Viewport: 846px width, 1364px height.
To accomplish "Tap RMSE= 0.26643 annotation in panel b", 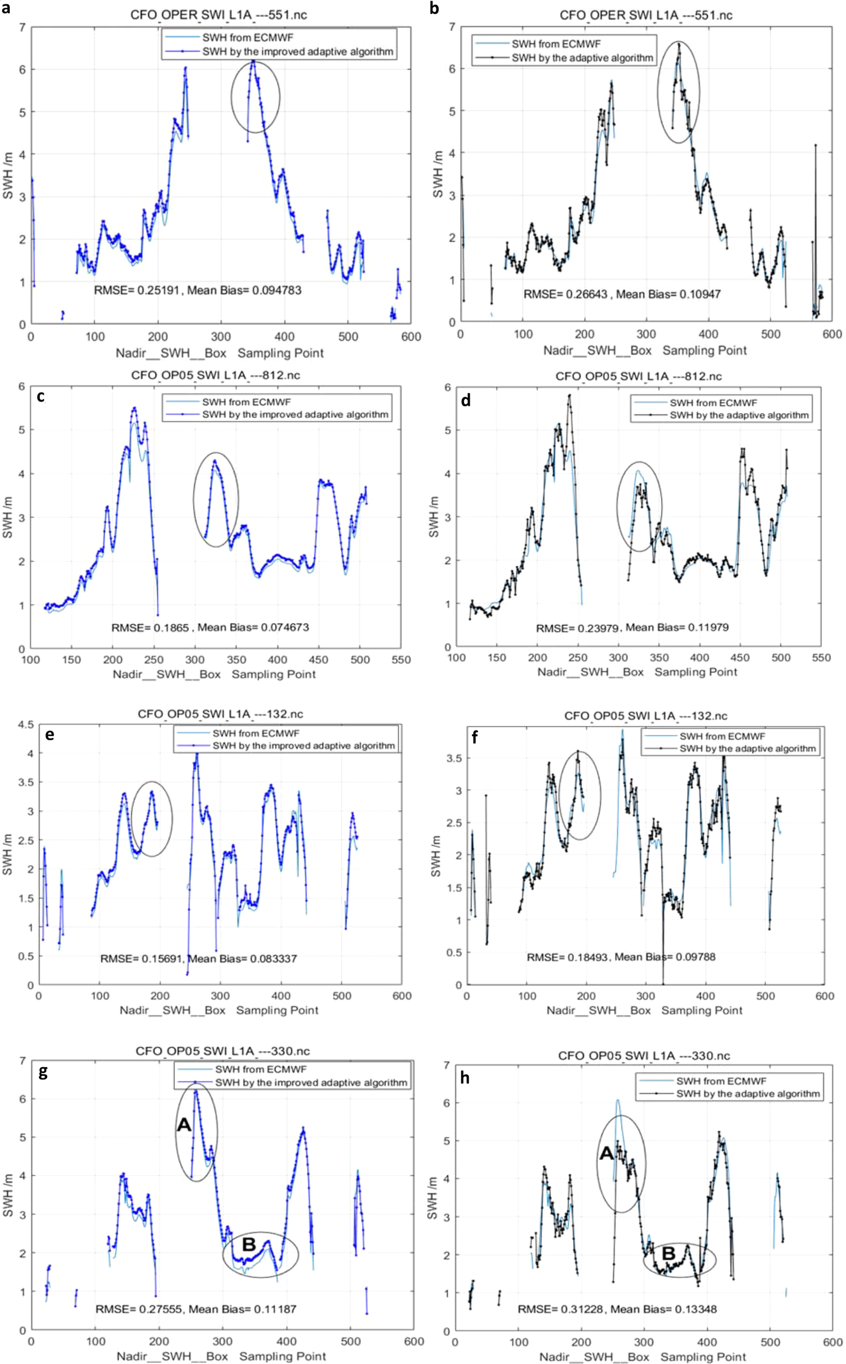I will point(565,294).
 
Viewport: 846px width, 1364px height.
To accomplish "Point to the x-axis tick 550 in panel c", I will point(400,660).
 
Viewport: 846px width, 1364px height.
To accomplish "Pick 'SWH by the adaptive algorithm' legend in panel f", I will point(747,749).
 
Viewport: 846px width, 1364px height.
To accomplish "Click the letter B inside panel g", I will point(248,1244).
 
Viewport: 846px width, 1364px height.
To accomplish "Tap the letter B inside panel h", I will point(669,1253).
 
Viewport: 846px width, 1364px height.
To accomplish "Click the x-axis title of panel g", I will point(221,1356).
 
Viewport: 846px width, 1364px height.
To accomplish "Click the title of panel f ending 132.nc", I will point(646,715).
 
